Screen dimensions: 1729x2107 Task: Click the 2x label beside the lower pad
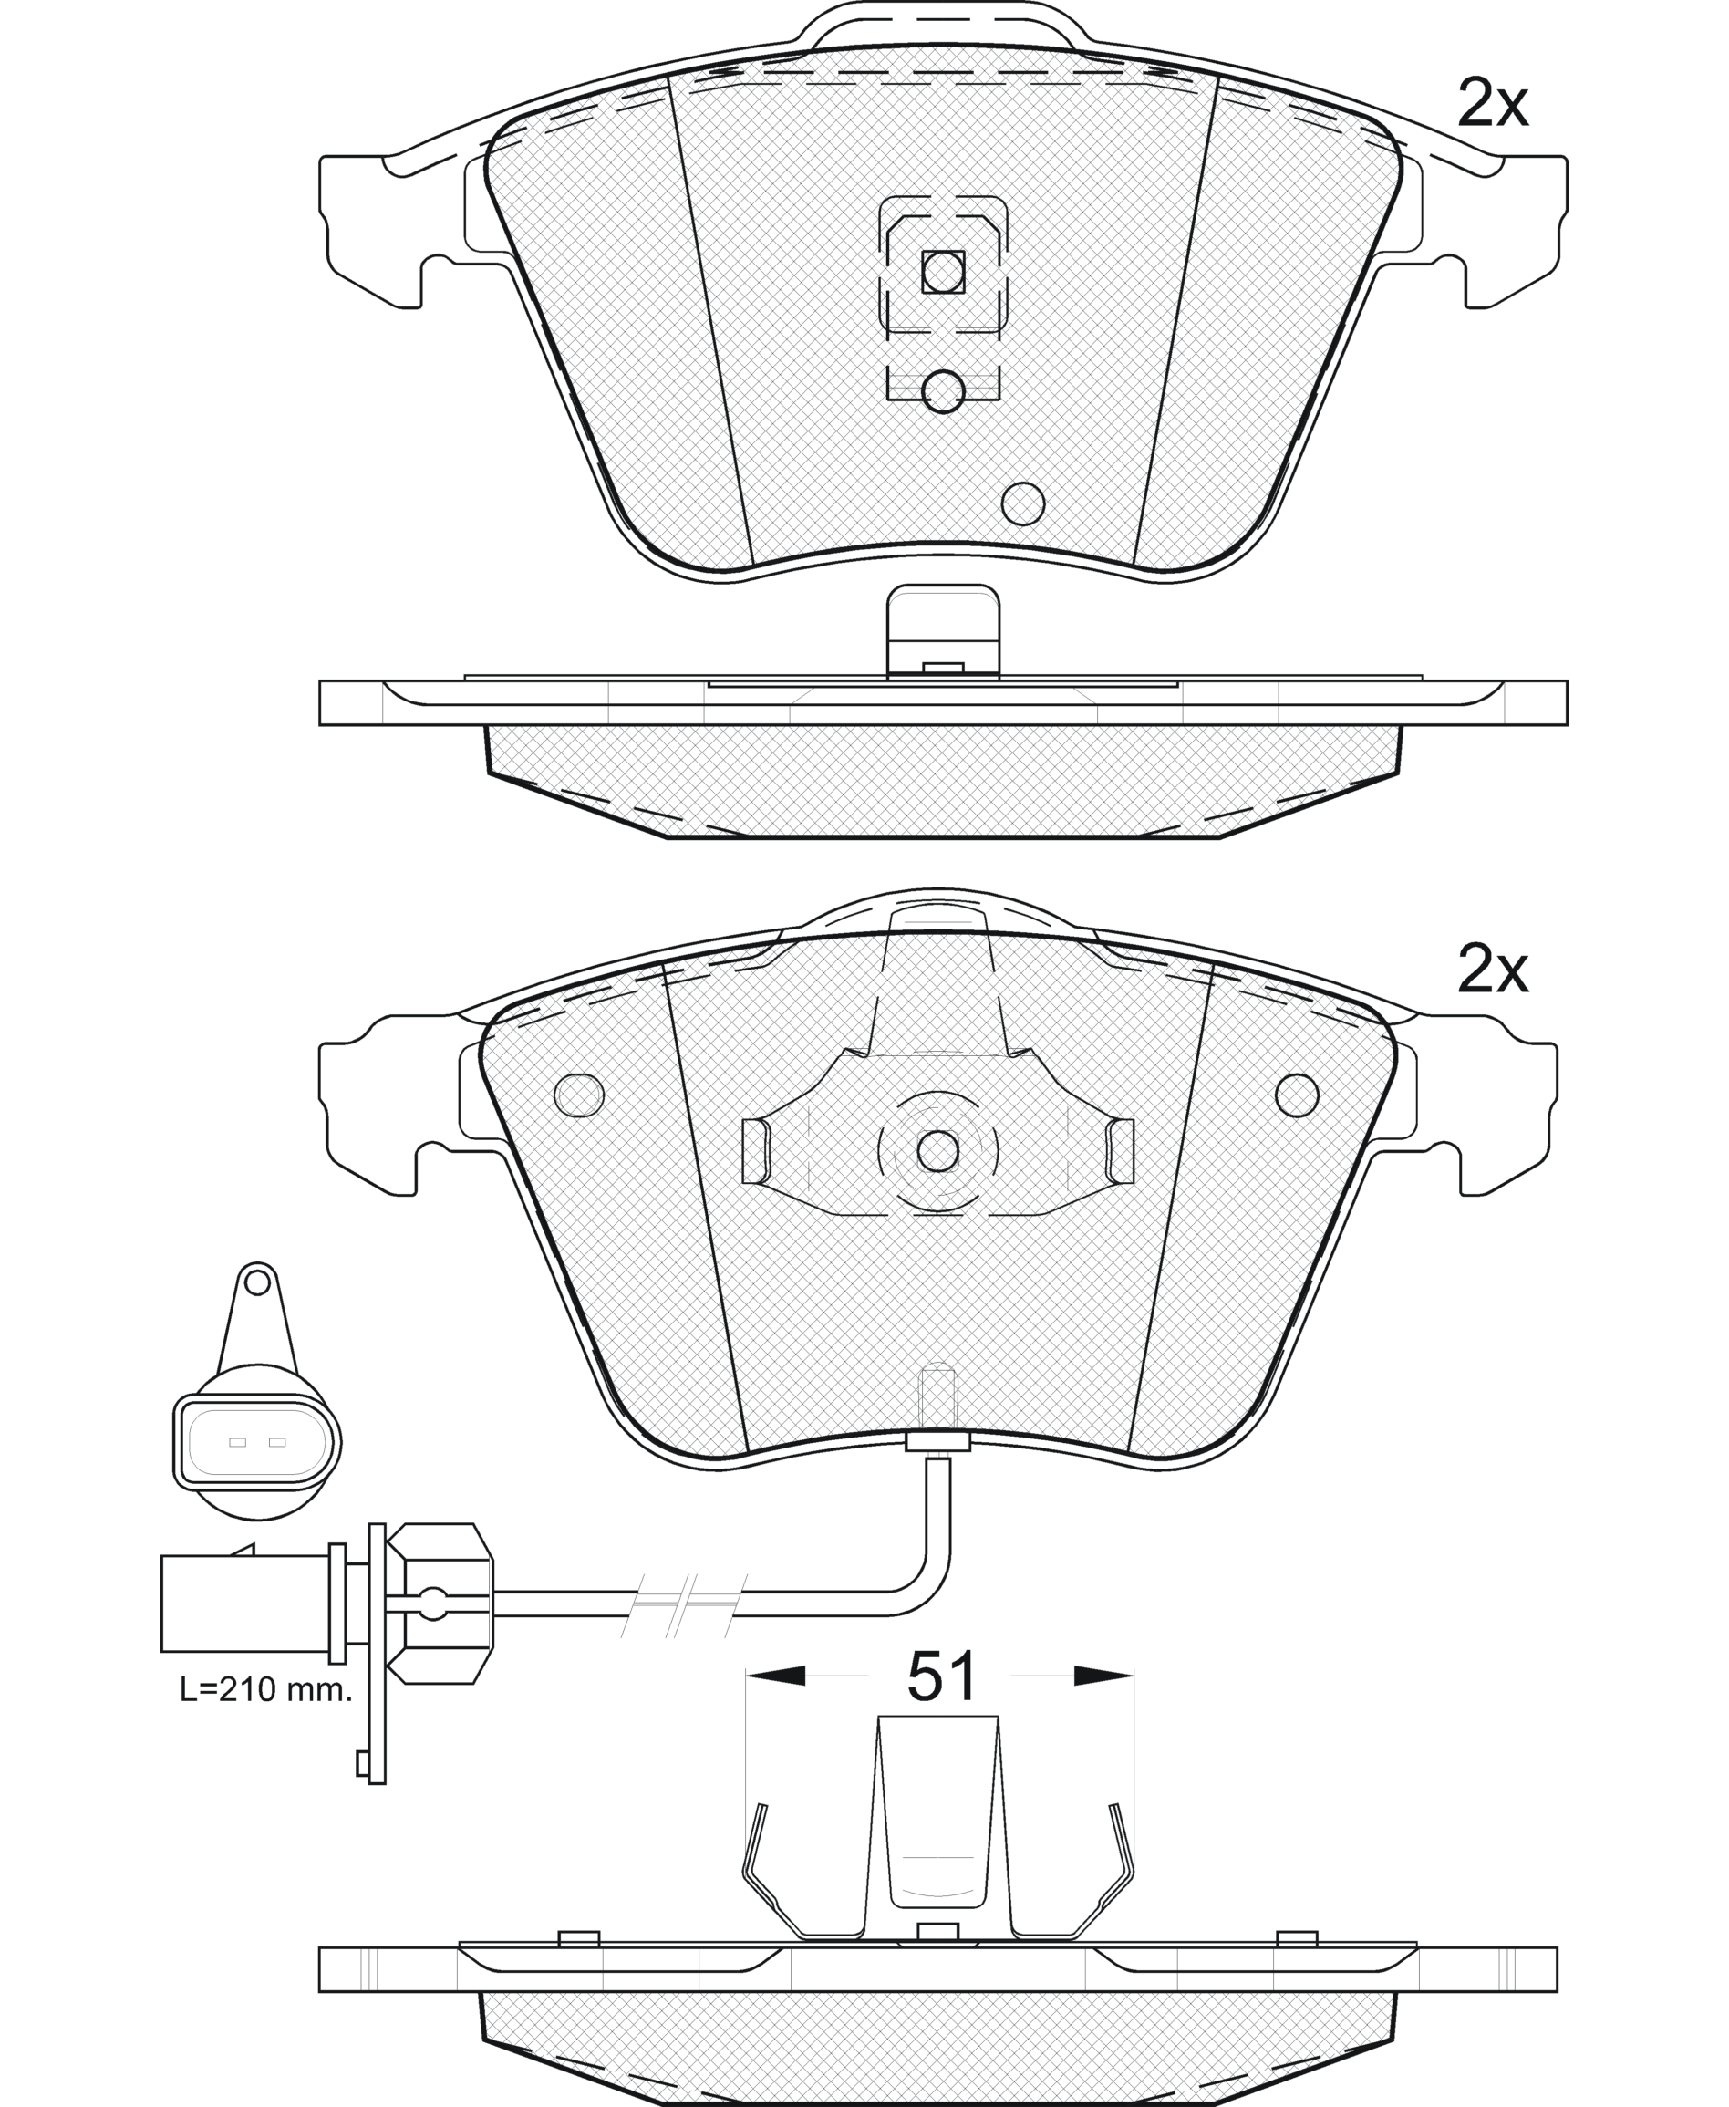coord(1492,970)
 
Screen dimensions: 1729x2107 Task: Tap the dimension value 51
coord(941,1676)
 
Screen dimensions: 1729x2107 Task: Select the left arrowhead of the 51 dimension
coord(775,1676)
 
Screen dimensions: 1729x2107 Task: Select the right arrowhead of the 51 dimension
coord(1104,1676)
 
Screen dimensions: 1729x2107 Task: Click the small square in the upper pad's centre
coord(943,271)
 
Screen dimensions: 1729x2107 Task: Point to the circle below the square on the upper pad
coord(942,391)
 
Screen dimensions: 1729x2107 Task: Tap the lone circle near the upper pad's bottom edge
coord(1023,503)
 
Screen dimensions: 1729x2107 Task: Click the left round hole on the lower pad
coord(579,1095)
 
